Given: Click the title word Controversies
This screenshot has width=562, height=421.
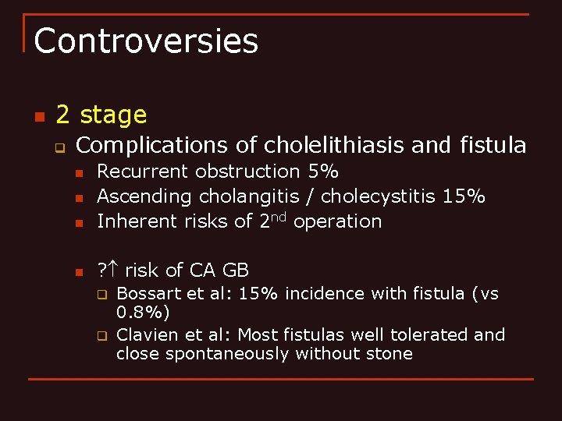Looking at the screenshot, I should pyautogui.click(x=146, y=41).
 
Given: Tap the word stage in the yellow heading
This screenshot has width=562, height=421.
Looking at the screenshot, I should pyautogui.click(x=113, y=115).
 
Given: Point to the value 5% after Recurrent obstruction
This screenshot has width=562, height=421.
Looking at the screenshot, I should pyautogui.click(x=323, y=172).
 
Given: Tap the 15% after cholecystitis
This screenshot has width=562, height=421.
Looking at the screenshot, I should pyautogui.click(x=464, y=196).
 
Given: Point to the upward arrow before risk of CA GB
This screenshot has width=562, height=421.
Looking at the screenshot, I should pyautogui.click(x=112, y=271).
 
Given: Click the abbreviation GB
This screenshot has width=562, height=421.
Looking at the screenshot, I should pyautogui.click(x=235, y=271).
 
